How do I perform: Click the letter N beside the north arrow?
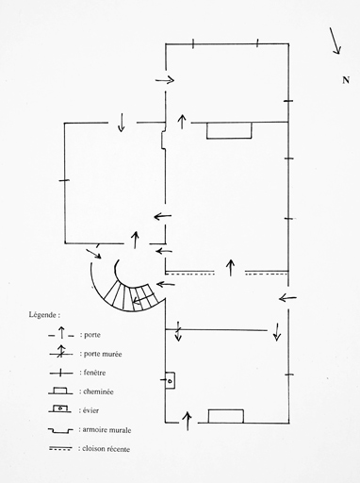coord(346,80)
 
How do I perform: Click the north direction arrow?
coord(335,41)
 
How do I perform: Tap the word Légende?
coord(43,315)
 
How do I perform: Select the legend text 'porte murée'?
coord(103,354)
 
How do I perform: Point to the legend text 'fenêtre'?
coord(94,373)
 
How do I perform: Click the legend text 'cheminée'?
coord(98,391)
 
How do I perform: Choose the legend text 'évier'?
coord(90,410)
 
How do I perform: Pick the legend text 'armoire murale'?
coord(106,430)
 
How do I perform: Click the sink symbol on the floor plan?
coord(170,380)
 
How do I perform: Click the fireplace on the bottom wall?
coord(226,416)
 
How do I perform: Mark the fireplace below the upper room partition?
coord(229,130)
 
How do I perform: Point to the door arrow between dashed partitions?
coord(230,268)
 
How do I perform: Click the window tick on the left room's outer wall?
coord(64,180)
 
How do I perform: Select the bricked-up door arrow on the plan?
coord(178,331)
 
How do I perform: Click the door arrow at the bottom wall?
coord(188,421)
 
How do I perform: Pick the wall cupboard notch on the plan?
coord(163,140)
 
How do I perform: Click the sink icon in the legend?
coord(60,408)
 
